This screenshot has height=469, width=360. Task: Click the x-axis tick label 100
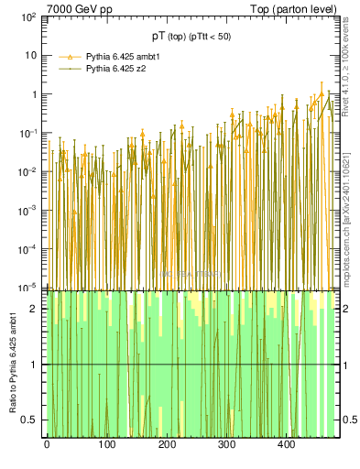pyautogui.click(x=106, y=445)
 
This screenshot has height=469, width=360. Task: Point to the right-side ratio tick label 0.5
pyautogui.click(x=349, y=420)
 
